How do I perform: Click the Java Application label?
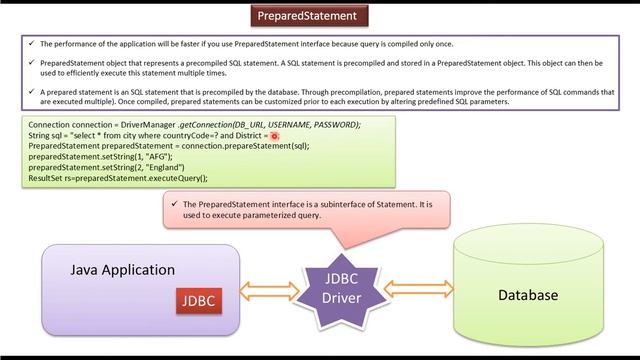click(122, 270)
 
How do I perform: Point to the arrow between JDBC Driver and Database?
click(419, 290)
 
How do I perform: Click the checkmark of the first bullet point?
click(32, 45)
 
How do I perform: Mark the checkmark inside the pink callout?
click(175, 204)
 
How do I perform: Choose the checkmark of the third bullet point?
click(32, 93)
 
